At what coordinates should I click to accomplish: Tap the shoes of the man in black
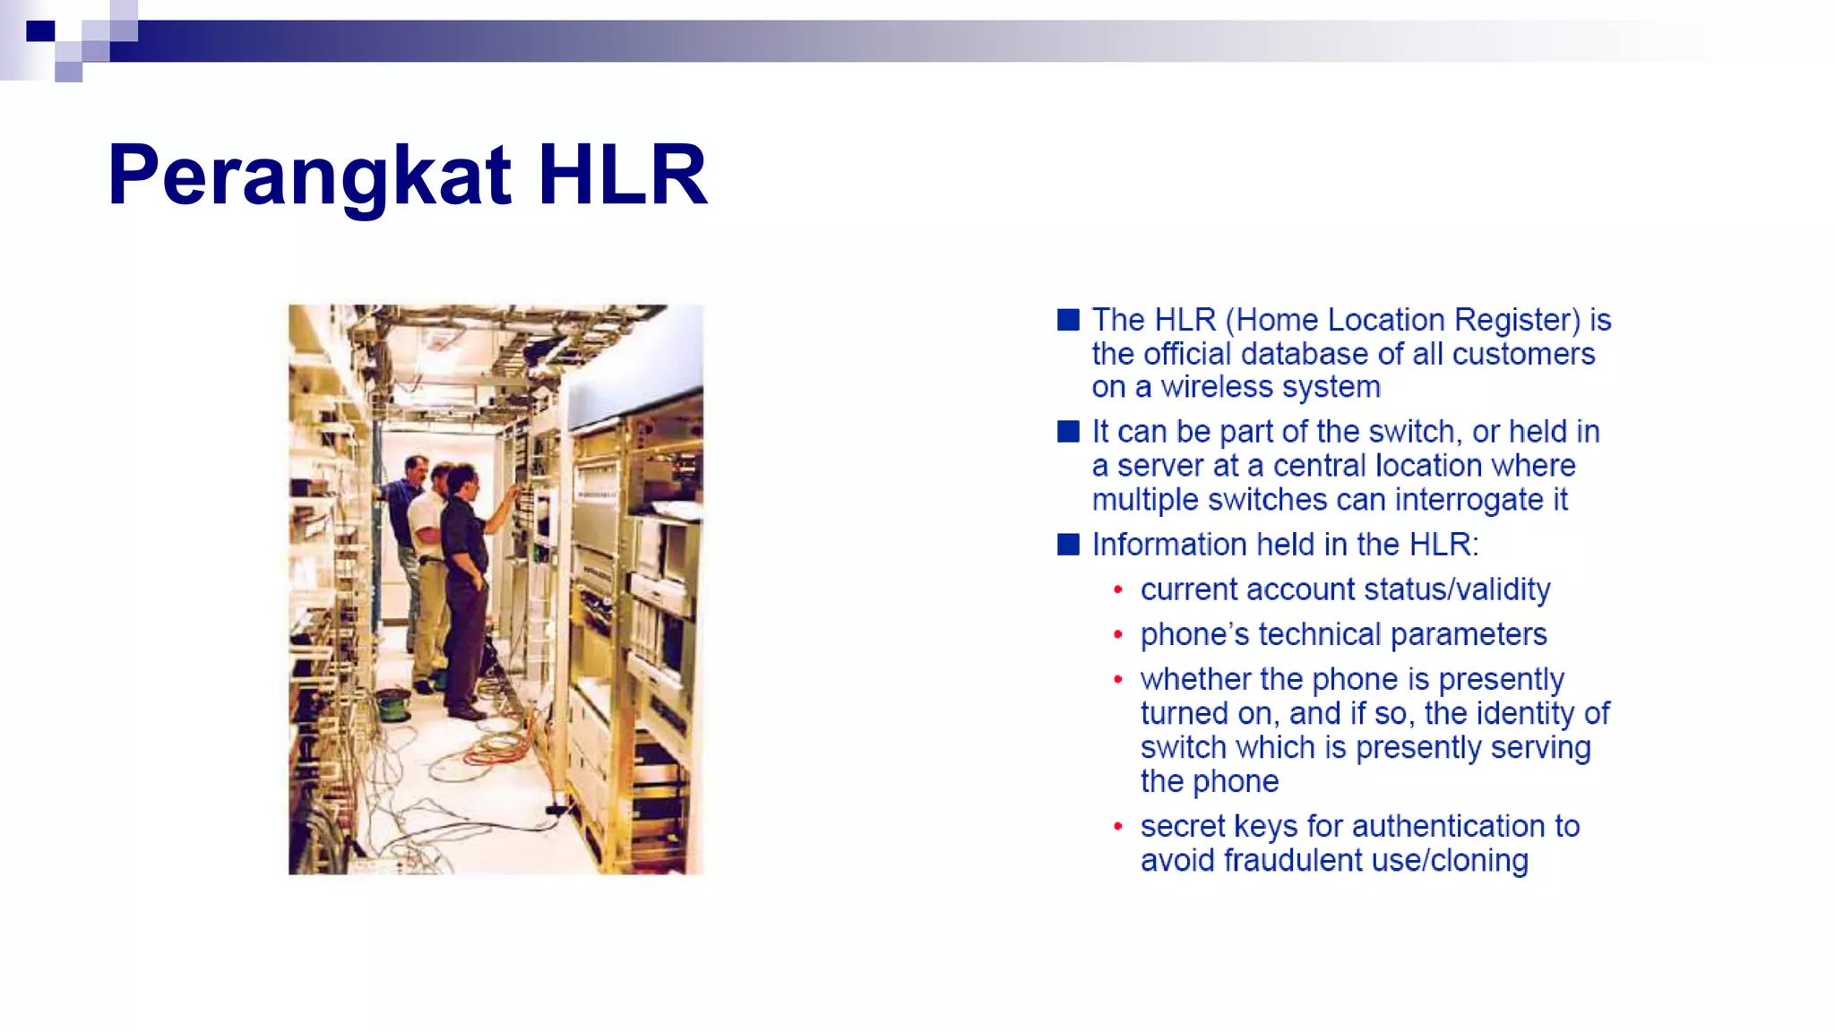click(466, 711)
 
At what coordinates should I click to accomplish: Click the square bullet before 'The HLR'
click(1068, 320)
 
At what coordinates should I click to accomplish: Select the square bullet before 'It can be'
click(1068, 432)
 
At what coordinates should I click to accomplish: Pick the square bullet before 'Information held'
click(1068, 545)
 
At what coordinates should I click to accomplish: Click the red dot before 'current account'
click(1117, 589)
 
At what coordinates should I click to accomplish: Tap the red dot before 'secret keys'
click(1117, 826)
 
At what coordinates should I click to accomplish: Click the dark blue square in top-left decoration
click(40, 31)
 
